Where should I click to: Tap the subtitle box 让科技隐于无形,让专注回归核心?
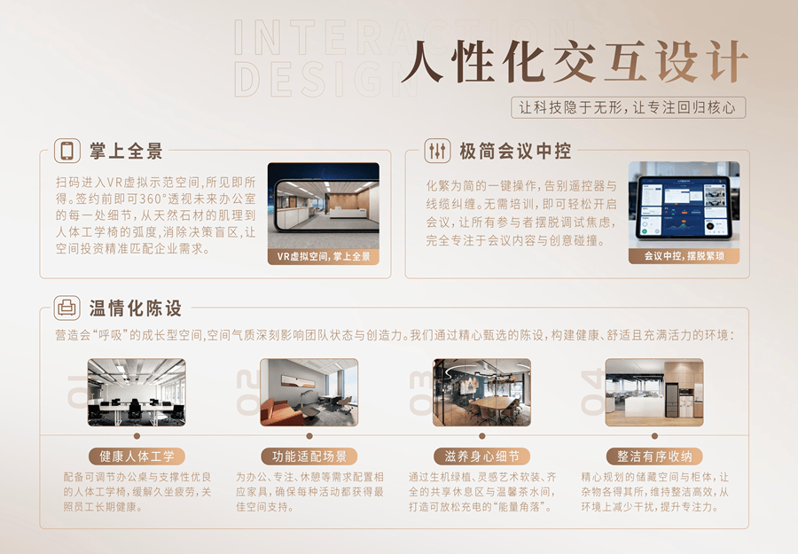point(628,108)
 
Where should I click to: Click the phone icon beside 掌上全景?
point(67,151)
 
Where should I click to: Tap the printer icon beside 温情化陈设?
point(67,308)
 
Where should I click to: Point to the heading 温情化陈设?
point(136,308)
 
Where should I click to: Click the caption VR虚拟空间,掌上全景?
point(324,256)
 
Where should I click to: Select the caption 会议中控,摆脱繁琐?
point(684,256)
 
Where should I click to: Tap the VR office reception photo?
point(324,206)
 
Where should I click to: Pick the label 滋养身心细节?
point(481,456)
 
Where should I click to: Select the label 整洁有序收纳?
point(654,456)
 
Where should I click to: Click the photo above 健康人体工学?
point(137,393)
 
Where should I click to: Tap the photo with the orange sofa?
point(309,393)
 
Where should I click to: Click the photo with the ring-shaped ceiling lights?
point(481,393)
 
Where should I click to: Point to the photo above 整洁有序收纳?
point(654,393)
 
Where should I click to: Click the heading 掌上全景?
point(126,151)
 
